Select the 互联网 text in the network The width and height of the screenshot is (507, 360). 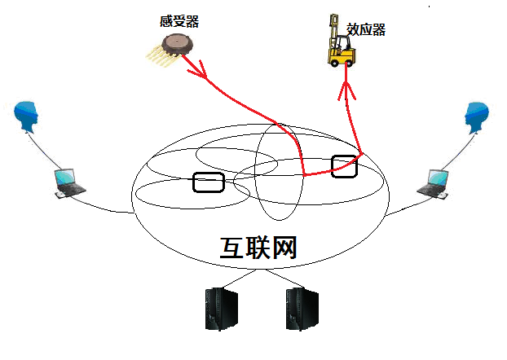258,247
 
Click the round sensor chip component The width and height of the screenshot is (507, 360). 176,45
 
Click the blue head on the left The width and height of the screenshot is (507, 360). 28,116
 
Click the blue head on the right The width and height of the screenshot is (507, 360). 476,116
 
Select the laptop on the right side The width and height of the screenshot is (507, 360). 434,183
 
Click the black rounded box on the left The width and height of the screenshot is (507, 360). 208,182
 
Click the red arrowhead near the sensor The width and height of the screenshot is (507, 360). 201,73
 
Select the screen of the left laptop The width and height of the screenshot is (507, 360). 64,177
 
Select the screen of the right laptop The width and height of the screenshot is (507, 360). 437,177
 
